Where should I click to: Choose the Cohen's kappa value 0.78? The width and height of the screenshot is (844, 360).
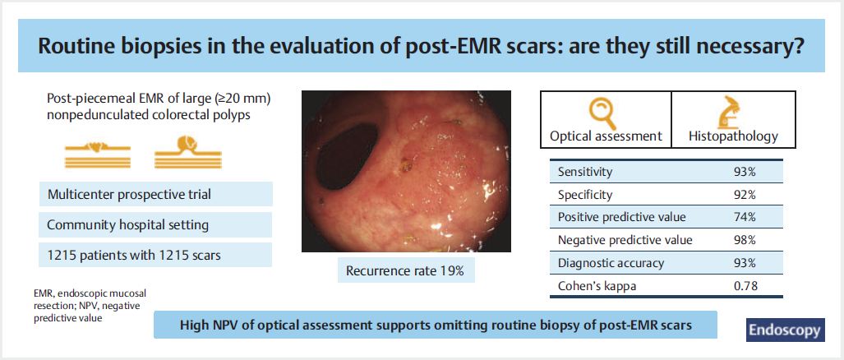click(747, 286)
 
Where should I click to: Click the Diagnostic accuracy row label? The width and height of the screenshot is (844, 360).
click(611, 263)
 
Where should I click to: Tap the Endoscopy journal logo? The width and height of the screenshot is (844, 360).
click(786, 330)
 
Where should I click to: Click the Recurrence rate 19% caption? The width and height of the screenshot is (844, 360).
click(405, 270)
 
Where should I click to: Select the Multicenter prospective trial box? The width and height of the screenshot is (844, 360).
click(155, 194)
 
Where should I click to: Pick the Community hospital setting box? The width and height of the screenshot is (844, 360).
click(155, 225)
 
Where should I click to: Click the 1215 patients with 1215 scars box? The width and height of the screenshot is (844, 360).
click(155, 255)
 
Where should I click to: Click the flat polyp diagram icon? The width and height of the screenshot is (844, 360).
click(98, 154)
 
